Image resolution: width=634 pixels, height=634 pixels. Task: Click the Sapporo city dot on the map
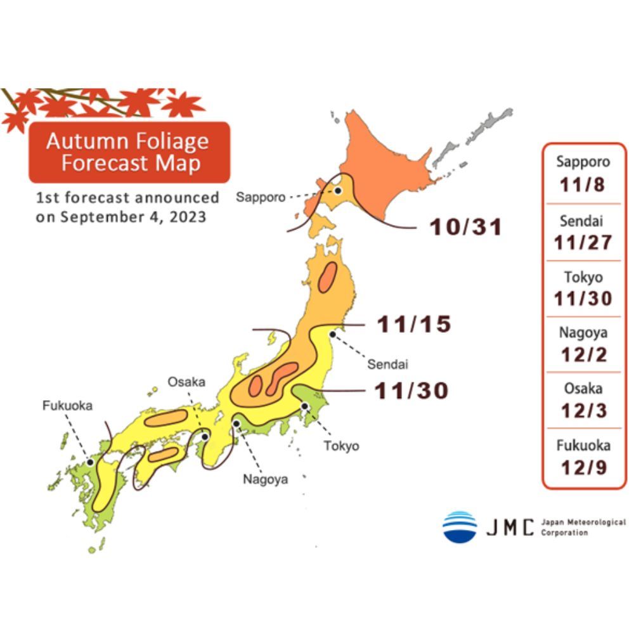[x=339, y=190]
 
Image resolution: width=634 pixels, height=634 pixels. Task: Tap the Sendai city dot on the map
[x=332, y=333]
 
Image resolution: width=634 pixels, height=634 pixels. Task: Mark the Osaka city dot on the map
[x=205, y=437]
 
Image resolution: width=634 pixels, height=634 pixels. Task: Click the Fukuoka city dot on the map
[x=91, y=462]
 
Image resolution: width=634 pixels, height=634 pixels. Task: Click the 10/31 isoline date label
[x=466, y=227]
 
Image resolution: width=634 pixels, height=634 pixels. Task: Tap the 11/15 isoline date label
[x=415, y=325]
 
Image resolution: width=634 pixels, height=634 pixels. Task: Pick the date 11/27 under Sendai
[x=583, y=242]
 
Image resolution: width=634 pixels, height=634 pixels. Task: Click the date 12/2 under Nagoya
[x=583, y=354]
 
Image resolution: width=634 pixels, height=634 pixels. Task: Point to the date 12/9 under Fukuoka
[x=583, y=467]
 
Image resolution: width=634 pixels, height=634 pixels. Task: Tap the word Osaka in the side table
[x=583, y=388]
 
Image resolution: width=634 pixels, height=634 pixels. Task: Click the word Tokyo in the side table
[x=583, y=276]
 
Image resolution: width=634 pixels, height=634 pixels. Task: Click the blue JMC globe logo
[x=460, y=526]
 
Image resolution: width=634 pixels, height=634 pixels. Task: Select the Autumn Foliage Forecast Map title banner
[x=127, y=152]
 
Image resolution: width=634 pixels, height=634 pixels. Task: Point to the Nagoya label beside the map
[x=266, y=479]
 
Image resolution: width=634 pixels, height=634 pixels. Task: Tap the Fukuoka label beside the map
[x=68, y=406]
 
